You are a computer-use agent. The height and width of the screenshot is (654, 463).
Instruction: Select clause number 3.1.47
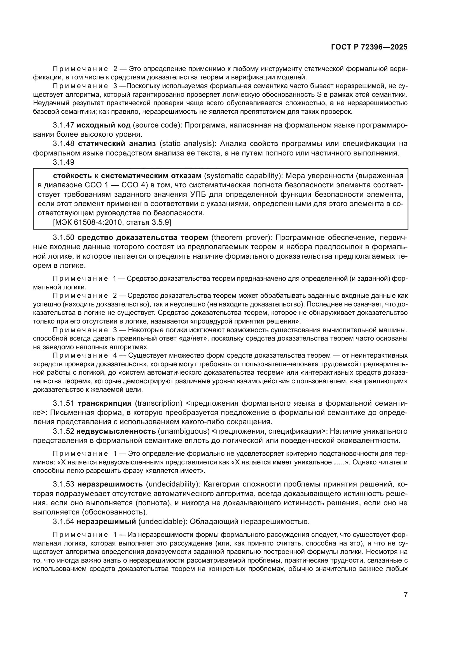click(x=64, y=125)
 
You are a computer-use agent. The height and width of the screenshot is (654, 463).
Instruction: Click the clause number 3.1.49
click(x=64, y=162)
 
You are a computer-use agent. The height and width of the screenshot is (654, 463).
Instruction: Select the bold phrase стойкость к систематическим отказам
click(x=127, y=176)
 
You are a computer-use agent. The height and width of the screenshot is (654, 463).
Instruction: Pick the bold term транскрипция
click(x=104, y=403)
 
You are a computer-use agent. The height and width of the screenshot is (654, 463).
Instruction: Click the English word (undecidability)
click(x=172, y=484)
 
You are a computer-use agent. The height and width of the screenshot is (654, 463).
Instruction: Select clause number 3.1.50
click(x=64, y=238)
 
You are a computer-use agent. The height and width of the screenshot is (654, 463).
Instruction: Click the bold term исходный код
click(x=104, y=125)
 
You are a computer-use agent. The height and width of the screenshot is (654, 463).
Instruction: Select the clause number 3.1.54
click(x=64, y=522)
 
